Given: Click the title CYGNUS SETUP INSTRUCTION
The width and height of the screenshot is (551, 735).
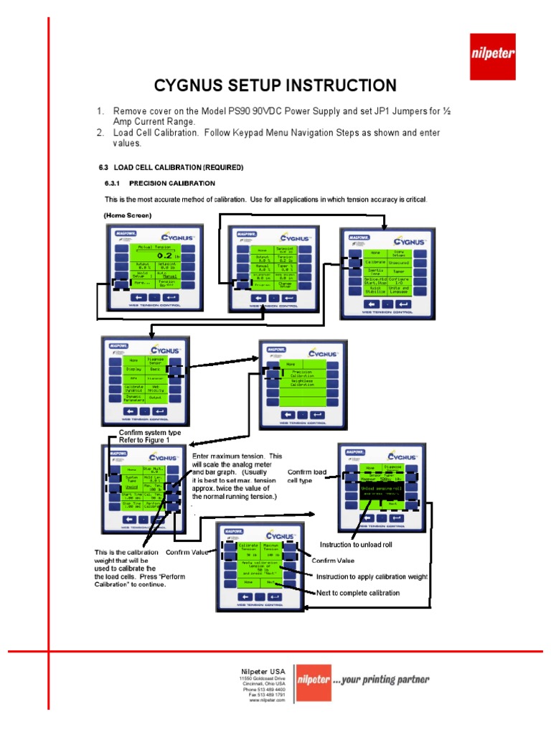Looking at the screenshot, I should click(x=275, y=86).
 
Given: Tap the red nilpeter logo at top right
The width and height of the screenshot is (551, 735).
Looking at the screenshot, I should click(x=491, y=56).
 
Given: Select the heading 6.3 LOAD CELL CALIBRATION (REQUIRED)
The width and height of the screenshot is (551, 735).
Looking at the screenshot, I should click(x=171, y=167).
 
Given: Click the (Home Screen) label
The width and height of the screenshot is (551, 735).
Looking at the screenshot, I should click(x=126, y=215).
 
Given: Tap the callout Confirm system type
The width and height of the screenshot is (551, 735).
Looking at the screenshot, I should click(x=149, y=433).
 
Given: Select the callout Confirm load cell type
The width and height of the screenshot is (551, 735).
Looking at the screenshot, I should click(x=306, y=476).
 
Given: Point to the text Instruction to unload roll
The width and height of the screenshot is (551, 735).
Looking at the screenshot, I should click(x=356, y=546).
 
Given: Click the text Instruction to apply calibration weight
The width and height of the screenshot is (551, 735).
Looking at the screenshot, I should click(x=372, y=577).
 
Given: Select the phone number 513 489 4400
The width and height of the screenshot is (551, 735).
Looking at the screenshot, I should click(x=271, y=689).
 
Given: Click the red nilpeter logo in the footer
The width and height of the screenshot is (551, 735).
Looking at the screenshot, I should click(x=314, y=680).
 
